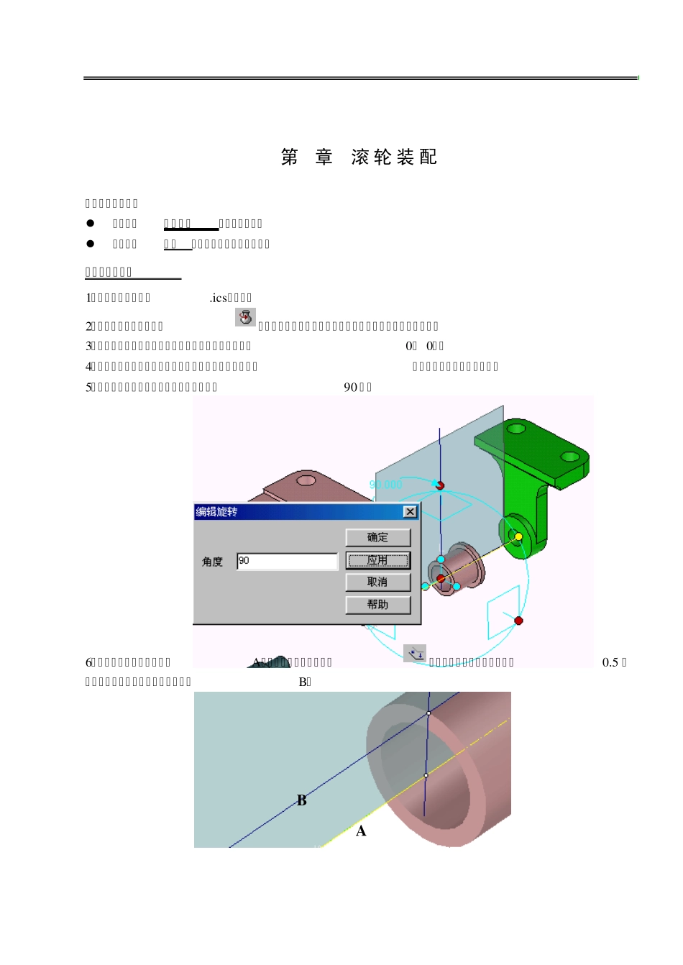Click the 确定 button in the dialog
pos(377,537)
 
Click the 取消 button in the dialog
pos(377,582)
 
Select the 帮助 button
pos(377,605)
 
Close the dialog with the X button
pos(410,512)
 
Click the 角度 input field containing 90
pos(287,561)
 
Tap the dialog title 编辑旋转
pos(217,512)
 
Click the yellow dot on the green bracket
pos(518,536)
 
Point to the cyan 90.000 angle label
pos(385,485)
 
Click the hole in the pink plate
pos(306,480)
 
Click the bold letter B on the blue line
pos(302,800)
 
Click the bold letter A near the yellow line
pos(361,831)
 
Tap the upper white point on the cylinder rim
pos(428,713)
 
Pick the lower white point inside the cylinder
pos(426,776)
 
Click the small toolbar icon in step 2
pos(245,317)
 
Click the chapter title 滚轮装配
pos(394,157)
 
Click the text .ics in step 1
pos(218,298)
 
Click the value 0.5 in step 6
pos(610,662)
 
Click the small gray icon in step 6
pos(414,653)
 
